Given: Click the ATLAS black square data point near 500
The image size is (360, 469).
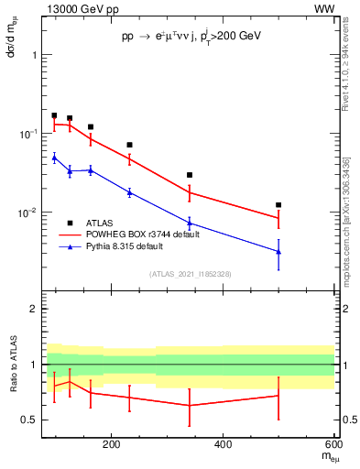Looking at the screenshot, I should tap(278, 205).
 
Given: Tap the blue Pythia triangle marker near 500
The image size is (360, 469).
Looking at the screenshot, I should tap(278, 251).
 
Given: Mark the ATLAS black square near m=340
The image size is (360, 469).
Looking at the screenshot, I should tap(190, 175).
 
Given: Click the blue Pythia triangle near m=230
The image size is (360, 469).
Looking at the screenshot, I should tap(129, 191).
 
